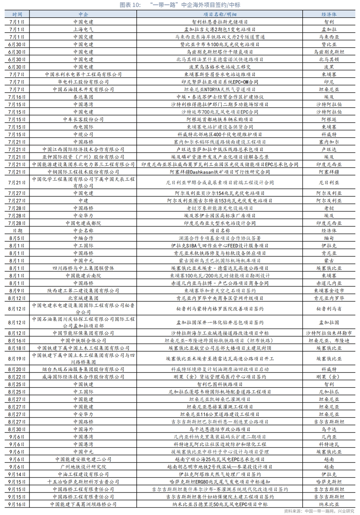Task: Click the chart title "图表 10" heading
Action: pos(180,5)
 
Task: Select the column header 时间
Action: pos(17,14)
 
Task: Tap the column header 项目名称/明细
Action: pos(220,14)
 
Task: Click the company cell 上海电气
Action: pos(83,29)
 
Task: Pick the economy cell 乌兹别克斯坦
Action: pos(329,52)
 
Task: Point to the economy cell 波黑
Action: pos(329,67)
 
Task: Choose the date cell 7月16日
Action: pos(17,97)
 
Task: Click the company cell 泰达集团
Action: pos(83,97)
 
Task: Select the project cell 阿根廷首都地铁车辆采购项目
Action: pos(220,119)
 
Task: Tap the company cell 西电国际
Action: pos(83,127)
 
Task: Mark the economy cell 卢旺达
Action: pos(329,149)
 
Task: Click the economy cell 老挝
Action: pos(329,208)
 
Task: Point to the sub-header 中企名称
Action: pos(83,230)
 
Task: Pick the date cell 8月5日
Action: pos(17,238)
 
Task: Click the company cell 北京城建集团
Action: pos(83,298)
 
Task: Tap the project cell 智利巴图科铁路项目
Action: pos(220,384)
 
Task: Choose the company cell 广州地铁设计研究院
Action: pos(83,467)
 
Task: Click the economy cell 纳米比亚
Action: pos(329,504)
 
